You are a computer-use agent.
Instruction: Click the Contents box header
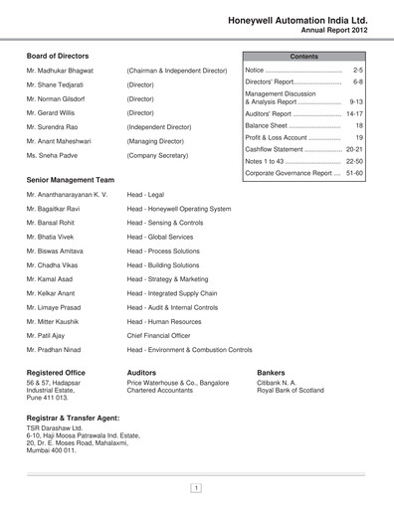303,57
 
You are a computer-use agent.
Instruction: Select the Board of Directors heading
57,57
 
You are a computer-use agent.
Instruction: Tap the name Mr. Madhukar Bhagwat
66,72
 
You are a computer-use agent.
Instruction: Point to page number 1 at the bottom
197,487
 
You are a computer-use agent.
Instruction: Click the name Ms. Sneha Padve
56,156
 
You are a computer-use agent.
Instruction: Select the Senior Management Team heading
71,180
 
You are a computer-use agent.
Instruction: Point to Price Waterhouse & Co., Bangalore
184,382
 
